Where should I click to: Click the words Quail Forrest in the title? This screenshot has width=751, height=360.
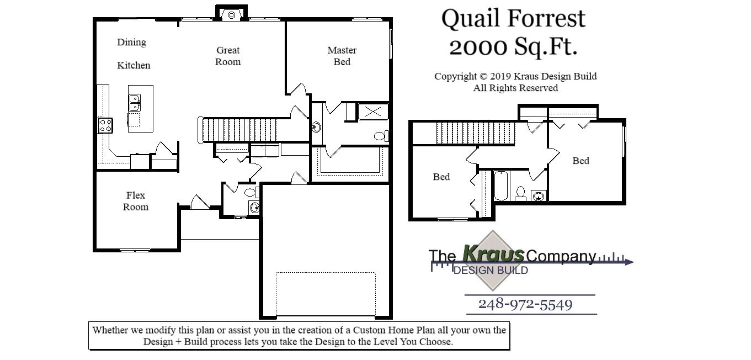coord(513,19)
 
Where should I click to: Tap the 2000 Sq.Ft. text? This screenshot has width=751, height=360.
coord(513,47)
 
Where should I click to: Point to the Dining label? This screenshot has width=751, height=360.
coord(131,42)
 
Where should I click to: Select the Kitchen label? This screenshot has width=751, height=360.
coord(134,65)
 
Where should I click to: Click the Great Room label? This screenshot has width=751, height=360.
coord(228,56)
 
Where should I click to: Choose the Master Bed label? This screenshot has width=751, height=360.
coord(342,56)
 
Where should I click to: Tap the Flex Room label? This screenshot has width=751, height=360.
coord(135,201)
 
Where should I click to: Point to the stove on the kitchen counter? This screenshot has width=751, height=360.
coord(105,125)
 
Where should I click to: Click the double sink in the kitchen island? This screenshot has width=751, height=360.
coord(134,103)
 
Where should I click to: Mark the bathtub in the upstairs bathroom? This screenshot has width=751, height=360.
coord(500,186)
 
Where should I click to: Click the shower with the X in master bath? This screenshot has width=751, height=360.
coord(372,112)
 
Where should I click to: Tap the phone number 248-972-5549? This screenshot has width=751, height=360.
coord(525,304)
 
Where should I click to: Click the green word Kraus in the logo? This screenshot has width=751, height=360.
coord(493,254)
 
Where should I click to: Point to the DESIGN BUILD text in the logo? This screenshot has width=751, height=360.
coord(490,270)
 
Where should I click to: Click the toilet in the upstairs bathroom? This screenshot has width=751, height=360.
coord(520,193)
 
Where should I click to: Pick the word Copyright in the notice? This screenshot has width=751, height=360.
coord(455,76)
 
